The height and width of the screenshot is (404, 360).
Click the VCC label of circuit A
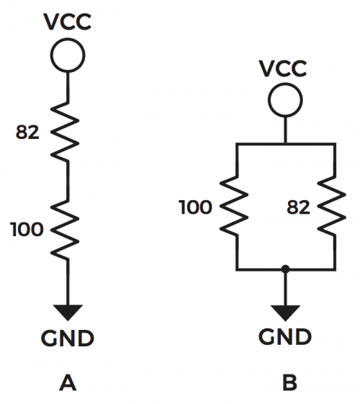(68, 22)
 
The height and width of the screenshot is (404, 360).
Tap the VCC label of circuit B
(283, 68)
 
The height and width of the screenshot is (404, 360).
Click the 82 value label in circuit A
(27, 133)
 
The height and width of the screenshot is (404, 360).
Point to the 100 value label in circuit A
(27, 229)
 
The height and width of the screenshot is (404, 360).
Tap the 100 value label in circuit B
(195, 207)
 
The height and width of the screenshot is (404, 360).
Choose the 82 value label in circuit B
(299, 207)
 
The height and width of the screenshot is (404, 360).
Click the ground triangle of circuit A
(68, 311)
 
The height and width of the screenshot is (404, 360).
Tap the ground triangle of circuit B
(285, 312)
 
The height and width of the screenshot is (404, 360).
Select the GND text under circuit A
(68, 338)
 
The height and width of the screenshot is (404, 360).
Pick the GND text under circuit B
(285, 336)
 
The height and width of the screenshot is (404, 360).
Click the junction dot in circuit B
(285, 269)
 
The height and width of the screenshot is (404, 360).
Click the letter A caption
(68, 383)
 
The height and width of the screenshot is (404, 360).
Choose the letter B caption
(289, 382)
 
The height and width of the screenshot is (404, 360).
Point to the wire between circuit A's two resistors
(68, 180)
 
